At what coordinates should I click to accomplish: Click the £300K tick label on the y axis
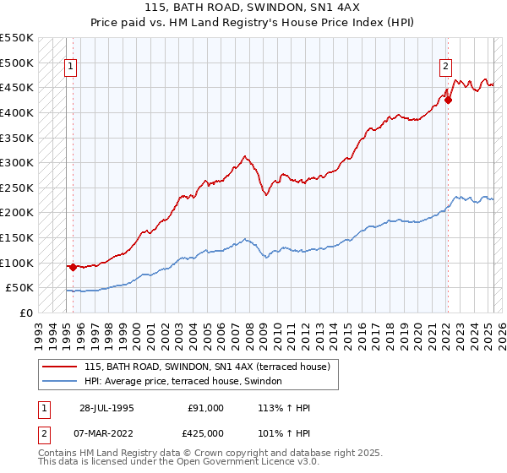(17, 162)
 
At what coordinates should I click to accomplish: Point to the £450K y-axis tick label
(17, 87)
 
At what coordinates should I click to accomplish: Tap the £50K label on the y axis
(20, 288)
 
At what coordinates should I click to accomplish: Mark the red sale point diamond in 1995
(73, 267)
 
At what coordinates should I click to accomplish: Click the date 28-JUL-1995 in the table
(106, 408)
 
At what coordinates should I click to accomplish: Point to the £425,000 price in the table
(206, 432)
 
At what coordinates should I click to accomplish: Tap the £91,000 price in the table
(206, 408)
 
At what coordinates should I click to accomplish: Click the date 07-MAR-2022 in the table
(106, 432)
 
